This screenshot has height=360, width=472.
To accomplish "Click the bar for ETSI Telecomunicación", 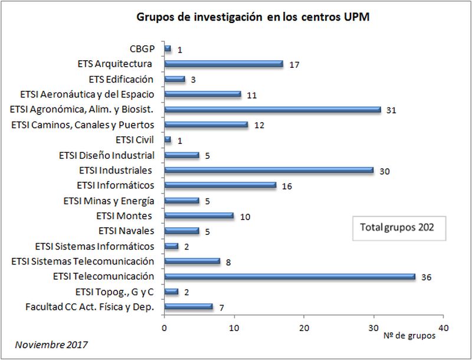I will [x=290, y=276].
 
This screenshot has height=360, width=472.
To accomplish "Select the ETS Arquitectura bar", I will [x=224, y=64].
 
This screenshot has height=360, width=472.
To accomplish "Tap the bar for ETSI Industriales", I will [x=268, y=170].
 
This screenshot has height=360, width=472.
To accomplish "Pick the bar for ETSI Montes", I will [x=199, y=215].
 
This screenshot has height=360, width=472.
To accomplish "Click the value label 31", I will [x=391, y=110].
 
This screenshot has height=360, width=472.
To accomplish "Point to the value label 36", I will [x=426, y=277].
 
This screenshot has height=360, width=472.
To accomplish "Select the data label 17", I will [x=294, y=64].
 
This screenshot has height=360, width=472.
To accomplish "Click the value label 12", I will [x=258, y=125].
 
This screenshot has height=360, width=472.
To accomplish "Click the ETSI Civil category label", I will [x=135, y=140].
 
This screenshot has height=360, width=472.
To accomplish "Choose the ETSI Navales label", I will [x=125, y=231].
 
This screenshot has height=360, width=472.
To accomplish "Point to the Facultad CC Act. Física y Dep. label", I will [x=90, y=306].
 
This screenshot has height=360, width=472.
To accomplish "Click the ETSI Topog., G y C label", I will [x=114, y=292].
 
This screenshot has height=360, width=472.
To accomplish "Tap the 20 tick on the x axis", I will [x=304, y=328].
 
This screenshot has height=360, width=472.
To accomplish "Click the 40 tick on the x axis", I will [x=444, y=328].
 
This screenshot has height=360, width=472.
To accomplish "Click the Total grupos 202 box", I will [x=397, y=227].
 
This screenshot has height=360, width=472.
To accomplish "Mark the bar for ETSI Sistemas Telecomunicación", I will [x=192, y=261].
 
